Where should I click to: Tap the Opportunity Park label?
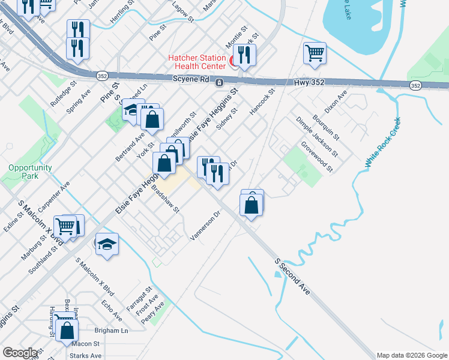(x=30, y=172)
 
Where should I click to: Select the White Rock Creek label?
(x=382, y=143)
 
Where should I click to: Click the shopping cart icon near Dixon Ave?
(x=315, y=54)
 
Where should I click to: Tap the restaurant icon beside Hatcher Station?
(x=245, y=55)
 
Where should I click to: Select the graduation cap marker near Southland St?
(x=107, y=244)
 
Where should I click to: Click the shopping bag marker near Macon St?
(x=67, y=329)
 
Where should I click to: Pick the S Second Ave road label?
(x=292, y=276)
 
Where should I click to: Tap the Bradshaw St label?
(x=165, y=198)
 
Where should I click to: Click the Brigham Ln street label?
(x=112, y=331)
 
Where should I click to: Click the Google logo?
(x=20, y=353)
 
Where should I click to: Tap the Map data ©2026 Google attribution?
(x=412, y=355)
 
